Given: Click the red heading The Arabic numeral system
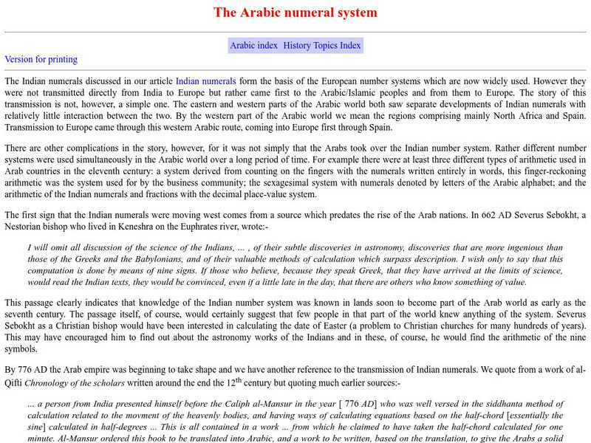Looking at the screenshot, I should point(295,13).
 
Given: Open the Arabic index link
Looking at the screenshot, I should point(253,45).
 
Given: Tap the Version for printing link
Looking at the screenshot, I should point(41,59).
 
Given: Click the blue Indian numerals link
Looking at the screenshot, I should point(205,80).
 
